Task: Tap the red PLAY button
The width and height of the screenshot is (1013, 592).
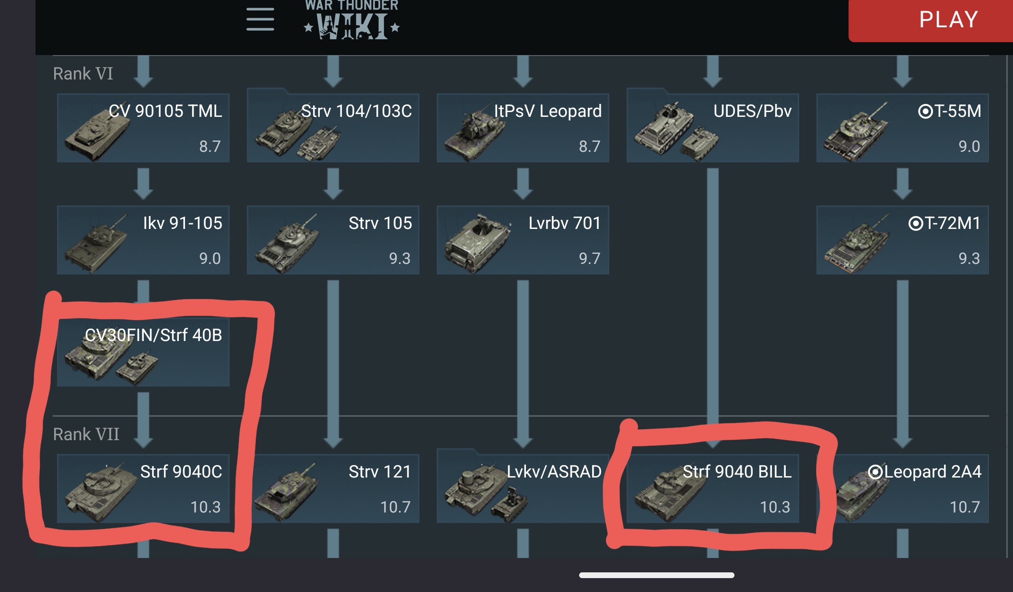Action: click(x=948, y=20)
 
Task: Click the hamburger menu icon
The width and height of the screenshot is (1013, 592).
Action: click(x=260, y=20)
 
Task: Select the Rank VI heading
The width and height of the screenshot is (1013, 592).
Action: click(x=83, y=74)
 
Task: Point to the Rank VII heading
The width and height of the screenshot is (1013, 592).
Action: click(x=86, y=434)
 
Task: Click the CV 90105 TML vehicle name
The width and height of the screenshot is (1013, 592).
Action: click(x=165, y=111)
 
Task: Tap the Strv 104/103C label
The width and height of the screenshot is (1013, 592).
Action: click(x=356, y=111)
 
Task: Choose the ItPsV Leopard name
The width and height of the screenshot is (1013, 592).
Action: click(x=547, y=111)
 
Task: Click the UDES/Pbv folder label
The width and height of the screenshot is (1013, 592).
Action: click(x=752, y=111)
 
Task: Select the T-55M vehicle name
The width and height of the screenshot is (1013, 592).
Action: click(x=957, y=111)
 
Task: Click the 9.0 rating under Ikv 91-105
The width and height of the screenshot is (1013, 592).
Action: click(x=210, y=259)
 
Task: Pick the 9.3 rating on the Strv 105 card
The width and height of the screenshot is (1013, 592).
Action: click(x=399, y=259)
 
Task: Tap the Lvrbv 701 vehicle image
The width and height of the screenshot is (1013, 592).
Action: click(x=477, y=242)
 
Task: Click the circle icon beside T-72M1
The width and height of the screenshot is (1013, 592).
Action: click(x=915, y=223)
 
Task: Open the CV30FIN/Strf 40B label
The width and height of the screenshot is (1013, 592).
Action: click(x=153, y=335)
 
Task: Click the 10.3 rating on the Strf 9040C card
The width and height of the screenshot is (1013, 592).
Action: click(x=205, y=507)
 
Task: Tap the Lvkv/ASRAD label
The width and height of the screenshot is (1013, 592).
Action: click(x=554, y=472)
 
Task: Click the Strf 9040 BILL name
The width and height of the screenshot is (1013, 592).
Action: click(x=737, y=472)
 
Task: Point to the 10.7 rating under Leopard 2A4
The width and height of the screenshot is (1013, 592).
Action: click(x=965, y=507)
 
